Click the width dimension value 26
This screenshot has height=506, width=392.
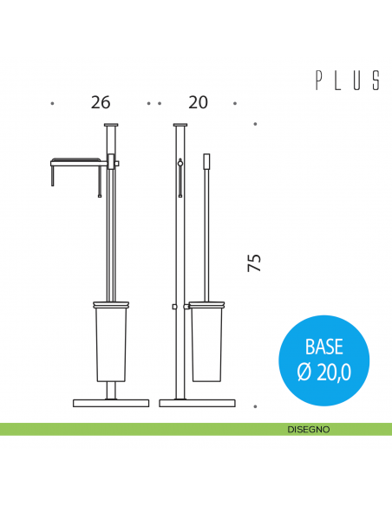(101, 102)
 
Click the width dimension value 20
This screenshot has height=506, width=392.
(198, 102)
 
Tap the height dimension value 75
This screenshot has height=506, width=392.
(254, 263)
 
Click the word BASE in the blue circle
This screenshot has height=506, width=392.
(323, 347)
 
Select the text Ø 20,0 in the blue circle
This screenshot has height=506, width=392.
(323, 373)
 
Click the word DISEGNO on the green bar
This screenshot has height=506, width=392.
(309, 430)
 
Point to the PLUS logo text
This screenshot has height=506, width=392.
(348, 81)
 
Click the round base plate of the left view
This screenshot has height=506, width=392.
(111, 403)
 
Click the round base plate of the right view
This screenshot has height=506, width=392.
(197, 403)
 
